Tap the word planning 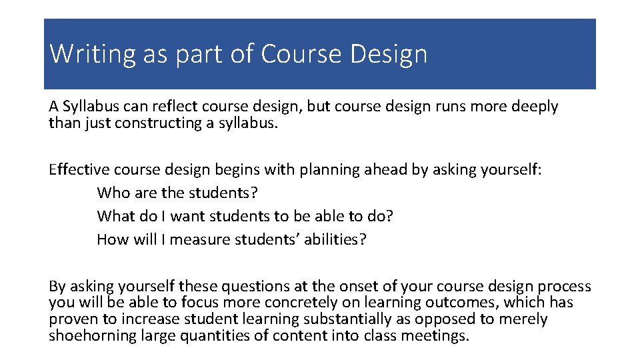pos(329,169)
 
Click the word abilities pos(335,239)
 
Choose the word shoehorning pos(92,335)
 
